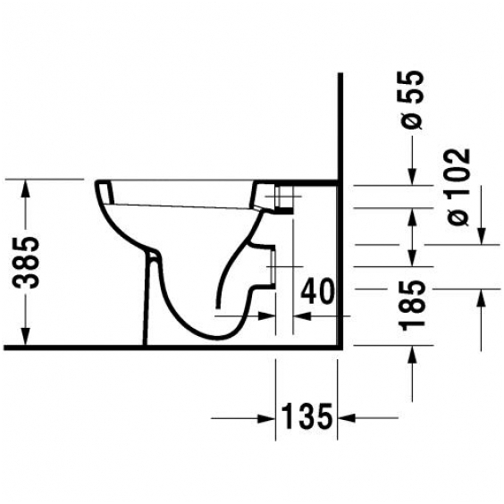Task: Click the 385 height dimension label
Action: tap(26, 262)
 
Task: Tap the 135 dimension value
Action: tap(307, 416)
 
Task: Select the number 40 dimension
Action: tap(317, 291)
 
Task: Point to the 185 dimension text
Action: tap(412, 306)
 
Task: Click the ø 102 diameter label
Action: tap(458, 187)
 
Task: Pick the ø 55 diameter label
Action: tap(412, 100)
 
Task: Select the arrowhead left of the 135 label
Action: tap(266, 418)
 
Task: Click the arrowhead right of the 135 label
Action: tap(347, 418)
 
